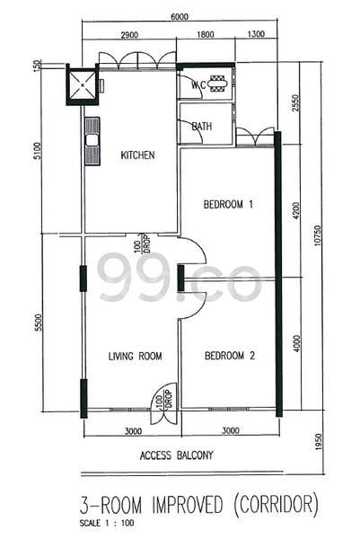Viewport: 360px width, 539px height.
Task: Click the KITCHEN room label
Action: tap(137, 155)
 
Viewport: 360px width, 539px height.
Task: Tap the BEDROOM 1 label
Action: tap(229, 204)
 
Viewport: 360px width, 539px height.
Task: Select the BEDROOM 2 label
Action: tap(230, 356)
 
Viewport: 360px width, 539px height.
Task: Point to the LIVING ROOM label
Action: tap(136, 356)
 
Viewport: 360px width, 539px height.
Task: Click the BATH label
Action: tap(202, 127)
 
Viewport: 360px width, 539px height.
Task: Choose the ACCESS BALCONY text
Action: tap(177, 455)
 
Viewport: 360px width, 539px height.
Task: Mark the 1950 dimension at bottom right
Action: tap(317, 444)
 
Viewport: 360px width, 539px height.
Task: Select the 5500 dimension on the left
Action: tap(38, 323)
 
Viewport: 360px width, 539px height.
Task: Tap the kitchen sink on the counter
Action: tap(90, 139)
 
